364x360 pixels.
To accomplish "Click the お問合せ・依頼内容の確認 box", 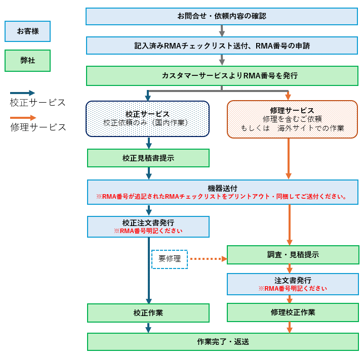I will pyautogui.click(x=222, y=16).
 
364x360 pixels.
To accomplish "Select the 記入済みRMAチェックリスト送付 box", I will pyautogui.click(x=222, y=46).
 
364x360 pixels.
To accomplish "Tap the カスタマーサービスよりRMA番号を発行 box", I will pyautogui.click(x=222, y=76).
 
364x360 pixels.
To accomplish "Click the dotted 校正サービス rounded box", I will pyautogui.click(x=147, y=119).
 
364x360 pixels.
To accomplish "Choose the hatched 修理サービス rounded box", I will pyautogui.click(x=292, y=119).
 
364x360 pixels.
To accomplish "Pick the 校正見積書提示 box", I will pyautogui.click(x=148, y=158).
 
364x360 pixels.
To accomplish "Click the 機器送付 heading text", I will pyautogui.click(x=222, y=188).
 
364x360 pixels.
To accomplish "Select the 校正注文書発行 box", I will pyautogui.click(x=148, y=227).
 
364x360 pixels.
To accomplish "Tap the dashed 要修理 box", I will pyautogui.click(x=170, y=259).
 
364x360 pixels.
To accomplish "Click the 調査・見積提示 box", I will pyautogui.click(x=293, y=255).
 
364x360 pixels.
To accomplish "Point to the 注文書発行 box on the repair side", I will pyautogui.click(x=293, y=284).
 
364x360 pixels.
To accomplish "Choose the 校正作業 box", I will pyautogui.click(x=148, y=313).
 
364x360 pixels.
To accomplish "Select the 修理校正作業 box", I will pyautogui.click(x=293, y=312).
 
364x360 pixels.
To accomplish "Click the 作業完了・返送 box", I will pyautogui.click(x=223, y=342).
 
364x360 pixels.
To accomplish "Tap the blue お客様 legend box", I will pyautogui.click(x=27, y=31).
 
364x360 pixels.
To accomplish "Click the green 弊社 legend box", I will pyautogui.click(x=27, y=61).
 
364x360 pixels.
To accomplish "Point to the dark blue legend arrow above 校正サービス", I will pyautogui.click(x=23, y=93).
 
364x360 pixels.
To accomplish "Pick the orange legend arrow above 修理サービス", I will pyautogui.click(x=23, y=118).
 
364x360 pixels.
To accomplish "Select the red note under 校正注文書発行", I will pyautogui.click(x=148, y=231).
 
